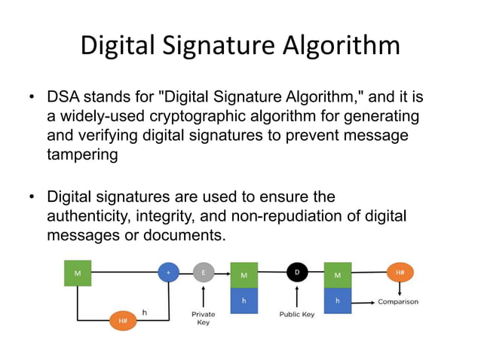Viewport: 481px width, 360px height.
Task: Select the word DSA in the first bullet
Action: (63, 99)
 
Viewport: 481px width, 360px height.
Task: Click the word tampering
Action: (82, 154)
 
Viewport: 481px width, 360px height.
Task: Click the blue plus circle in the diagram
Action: (167, 272)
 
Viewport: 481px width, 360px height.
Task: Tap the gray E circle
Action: (203, 272)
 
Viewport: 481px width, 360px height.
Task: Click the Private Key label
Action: (203, 318)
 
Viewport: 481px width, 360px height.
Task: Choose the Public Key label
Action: (297, 314)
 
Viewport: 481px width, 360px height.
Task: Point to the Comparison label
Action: (398, 302)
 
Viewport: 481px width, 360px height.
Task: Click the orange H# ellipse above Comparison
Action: (400, 272)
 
